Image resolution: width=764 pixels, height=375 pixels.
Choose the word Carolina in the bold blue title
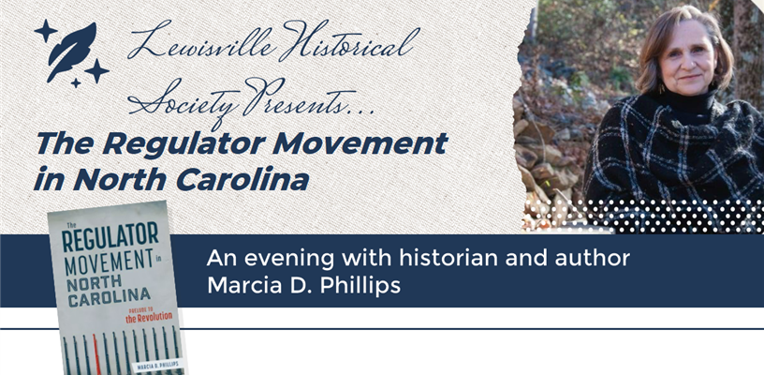pyautogui.click(x=239, y=178)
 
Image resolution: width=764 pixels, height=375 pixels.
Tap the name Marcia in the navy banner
pyautogui.click(x=246, y=285)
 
